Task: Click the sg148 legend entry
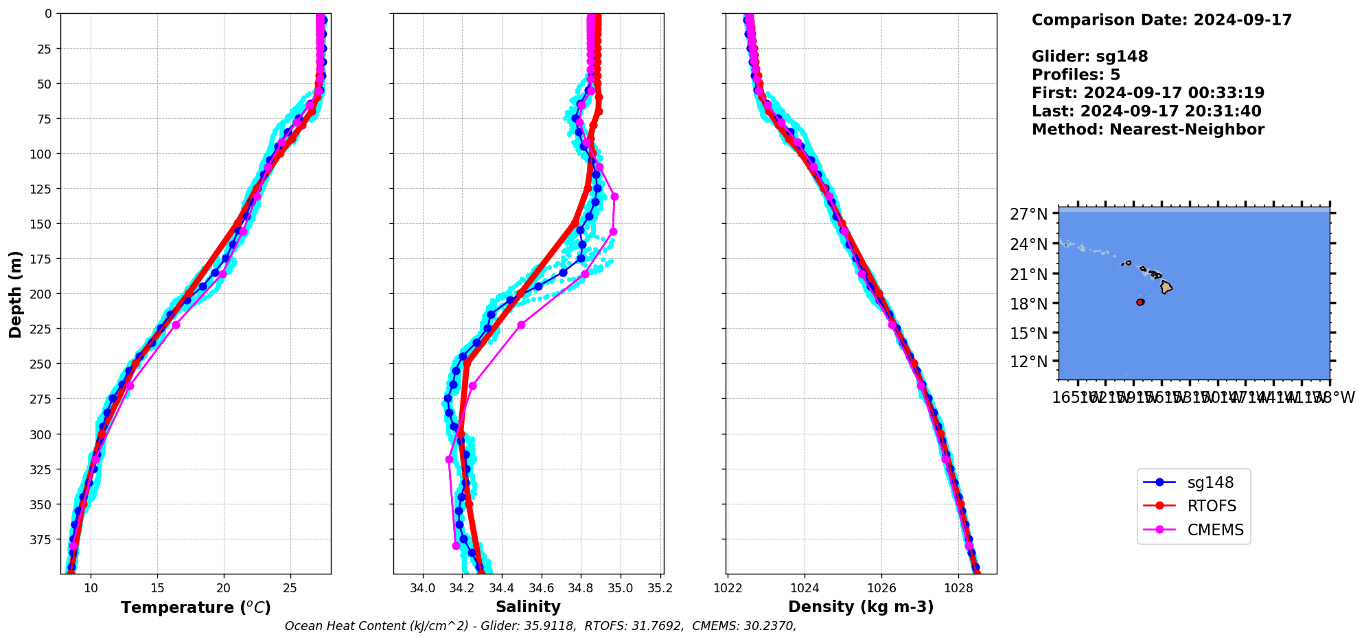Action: pyautogui.click(x=1210, y=482)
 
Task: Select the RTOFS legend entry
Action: pyautogui.click(x=1212, y=506)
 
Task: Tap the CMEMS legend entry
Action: pyautogui.click(x=1215, y=531)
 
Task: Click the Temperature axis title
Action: pyautogui.click(x=196, y=607)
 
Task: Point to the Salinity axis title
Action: pyautogui.click(x=528, y=607)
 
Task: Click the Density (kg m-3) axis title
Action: pyautogui.click(x=861, y=607)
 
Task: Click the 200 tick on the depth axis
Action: pyautogui.click(x=42, y=294)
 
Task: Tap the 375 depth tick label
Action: pyautogui.click(x=42, y=540)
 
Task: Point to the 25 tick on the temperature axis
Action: pyautogui.click(x=290, y=588)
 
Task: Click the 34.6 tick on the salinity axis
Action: pyautogui.click(x=541, y=588)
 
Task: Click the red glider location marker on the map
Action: pyautogui.click(x=1140, y=302)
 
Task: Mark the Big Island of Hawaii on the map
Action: pyautogui.click(x=1166, y=287)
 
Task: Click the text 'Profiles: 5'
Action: pyautogui.click(x=1076, y=75)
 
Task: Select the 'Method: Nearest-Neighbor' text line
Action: pyautogui.click(x=1148, y=130)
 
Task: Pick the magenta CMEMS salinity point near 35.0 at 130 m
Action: pyautogui.click(x=614, y=196)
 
